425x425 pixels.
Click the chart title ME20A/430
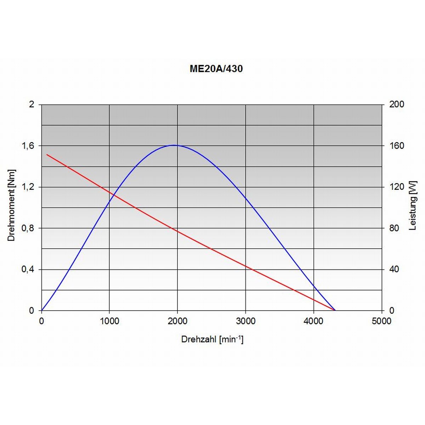point(216,69)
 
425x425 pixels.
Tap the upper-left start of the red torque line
point(47,154)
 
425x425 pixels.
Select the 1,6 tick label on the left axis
point(29,146)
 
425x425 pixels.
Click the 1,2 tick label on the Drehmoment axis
point(29,187)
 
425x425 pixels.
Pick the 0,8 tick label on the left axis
point(29,228)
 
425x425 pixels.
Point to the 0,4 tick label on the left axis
point(29,270)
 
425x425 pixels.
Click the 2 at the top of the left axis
point(32,104)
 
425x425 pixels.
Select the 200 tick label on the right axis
point(396,104)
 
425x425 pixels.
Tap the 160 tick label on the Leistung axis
point(396,146)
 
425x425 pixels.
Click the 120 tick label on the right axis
point(396,187)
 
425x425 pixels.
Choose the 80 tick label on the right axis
point(394,228)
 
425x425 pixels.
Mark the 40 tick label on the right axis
point(394,270)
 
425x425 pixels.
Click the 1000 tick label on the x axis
point(109,321)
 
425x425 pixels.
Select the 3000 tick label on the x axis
point(245,321)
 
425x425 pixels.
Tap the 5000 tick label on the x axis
point(381,321)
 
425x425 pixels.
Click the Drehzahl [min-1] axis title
point(212,339)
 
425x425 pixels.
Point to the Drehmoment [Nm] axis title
point(12,205)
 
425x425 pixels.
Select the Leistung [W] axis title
point(413,205)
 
